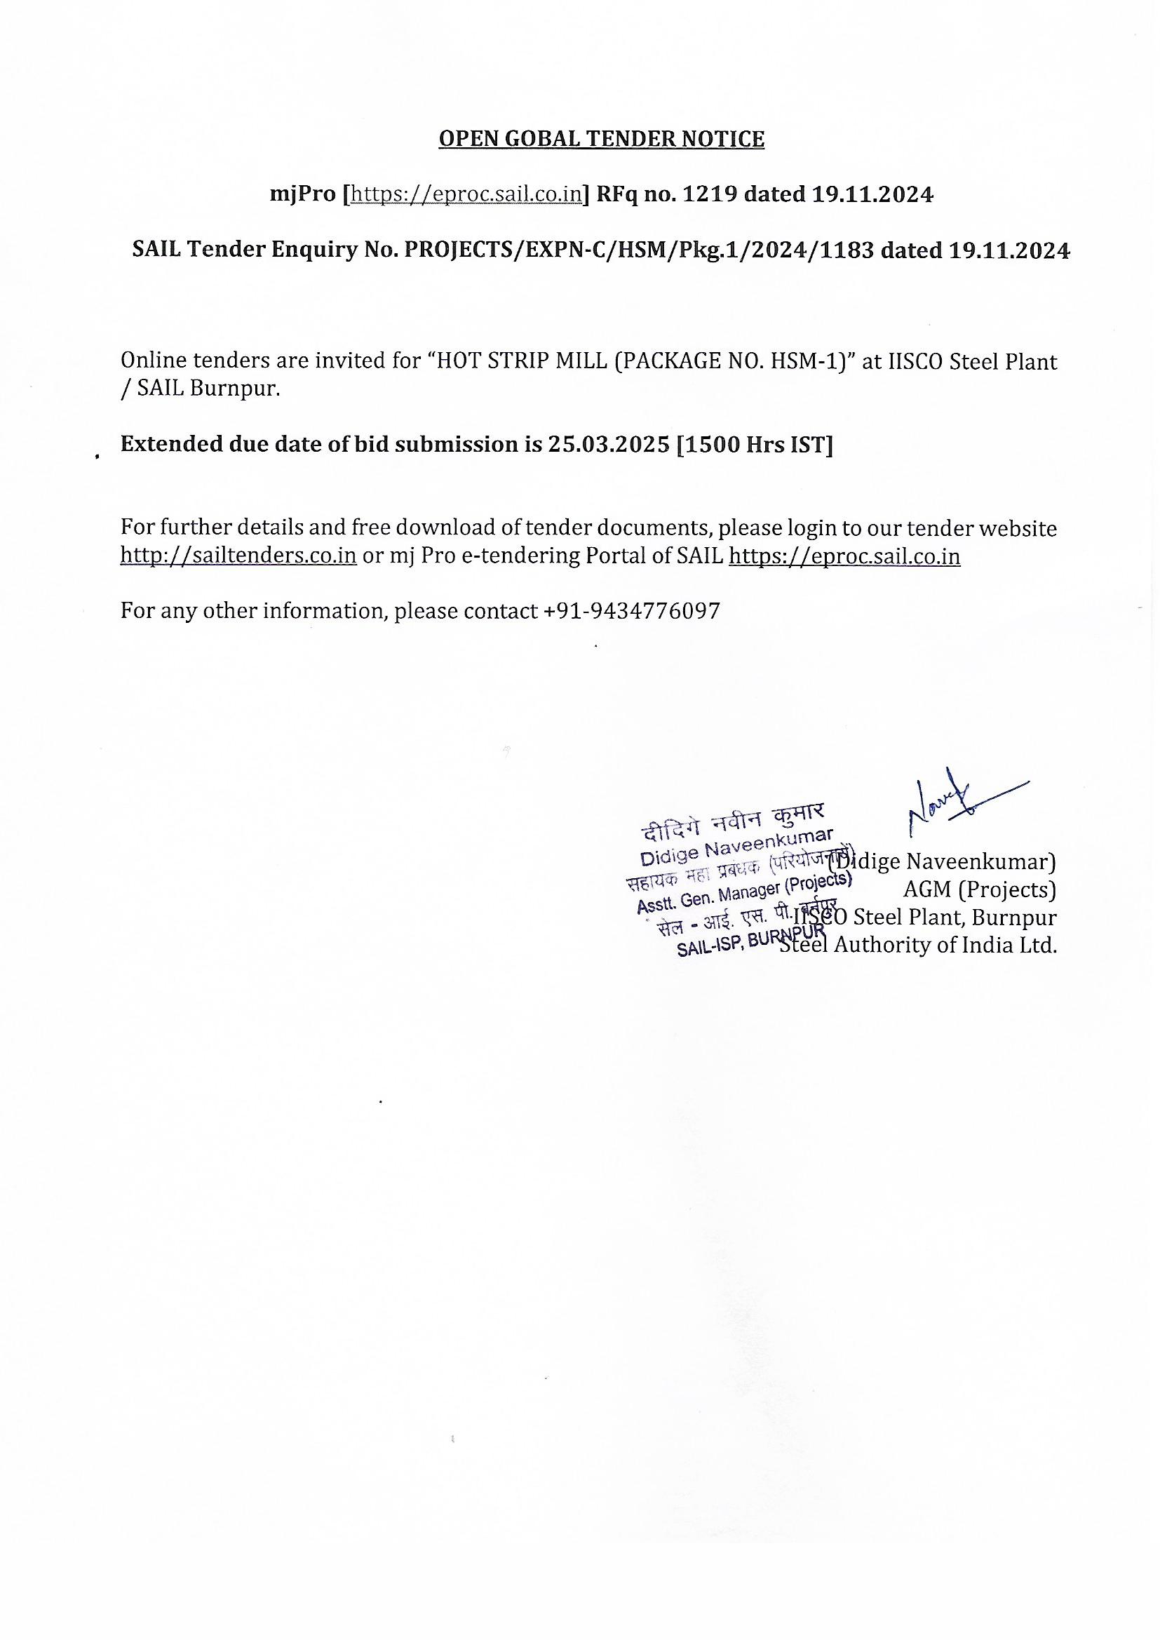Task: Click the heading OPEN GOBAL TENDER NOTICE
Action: click(x=601, y=139)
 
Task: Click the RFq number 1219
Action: click(x=710, y=194)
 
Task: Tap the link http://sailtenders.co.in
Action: click(x=238, y=556)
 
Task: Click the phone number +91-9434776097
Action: click(x=631, y=611)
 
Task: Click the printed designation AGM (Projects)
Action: click(x=979, y=889)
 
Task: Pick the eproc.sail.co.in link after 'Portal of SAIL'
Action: click(x=844, y=556)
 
